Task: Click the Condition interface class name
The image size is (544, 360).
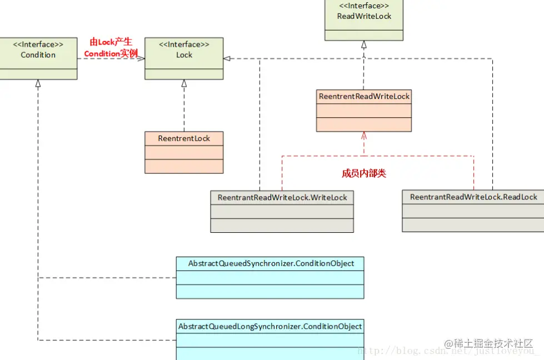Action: (38, 55)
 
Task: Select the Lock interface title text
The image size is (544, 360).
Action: (184, 55)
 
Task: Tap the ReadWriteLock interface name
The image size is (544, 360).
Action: (364, 16)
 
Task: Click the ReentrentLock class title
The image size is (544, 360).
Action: (184, 138)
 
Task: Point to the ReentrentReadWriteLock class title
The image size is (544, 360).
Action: (364, 97)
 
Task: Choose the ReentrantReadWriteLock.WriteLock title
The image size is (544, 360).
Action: (282, 197)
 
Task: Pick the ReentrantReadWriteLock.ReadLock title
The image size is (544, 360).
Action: (473, 197)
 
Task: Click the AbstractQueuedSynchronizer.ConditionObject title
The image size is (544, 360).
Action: (271, 263)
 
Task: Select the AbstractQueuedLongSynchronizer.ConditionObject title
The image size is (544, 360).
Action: (270, 326)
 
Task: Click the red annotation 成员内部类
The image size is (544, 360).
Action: (364, 173)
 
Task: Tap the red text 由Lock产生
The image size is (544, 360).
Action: (111, 42)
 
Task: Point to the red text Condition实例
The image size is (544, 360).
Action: (111, 53)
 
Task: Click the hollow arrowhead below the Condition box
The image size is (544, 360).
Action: (38, 83)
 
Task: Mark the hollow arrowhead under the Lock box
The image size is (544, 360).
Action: (184, 83)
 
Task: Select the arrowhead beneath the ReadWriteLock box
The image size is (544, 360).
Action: (364, 44)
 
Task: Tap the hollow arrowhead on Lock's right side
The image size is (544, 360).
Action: (227, 59)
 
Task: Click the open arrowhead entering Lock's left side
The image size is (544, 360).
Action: (141, 59)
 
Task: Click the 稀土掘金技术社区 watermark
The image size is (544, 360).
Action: (488, 343)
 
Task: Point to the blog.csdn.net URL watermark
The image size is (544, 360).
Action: (447, 351)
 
